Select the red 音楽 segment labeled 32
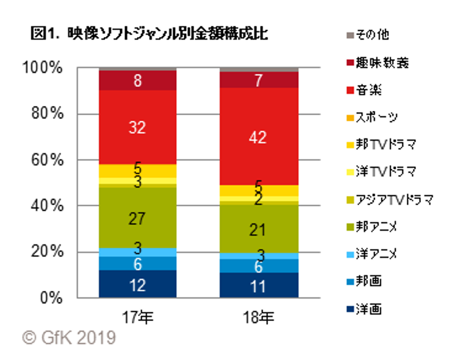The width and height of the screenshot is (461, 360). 137,127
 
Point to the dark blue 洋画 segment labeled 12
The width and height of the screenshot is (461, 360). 137,284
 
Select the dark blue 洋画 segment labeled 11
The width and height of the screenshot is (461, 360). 258,285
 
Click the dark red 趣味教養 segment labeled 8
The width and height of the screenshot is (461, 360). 137,81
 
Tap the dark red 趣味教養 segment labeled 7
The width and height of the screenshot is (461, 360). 258,80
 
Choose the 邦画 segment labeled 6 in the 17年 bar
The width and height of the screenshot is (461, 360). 137,263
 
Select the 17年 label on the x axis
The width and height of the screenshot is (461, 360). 137,317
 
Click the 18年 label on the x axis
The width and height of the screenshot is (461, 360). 258,317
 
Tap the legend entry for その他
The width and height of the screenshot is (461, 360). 371,35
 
